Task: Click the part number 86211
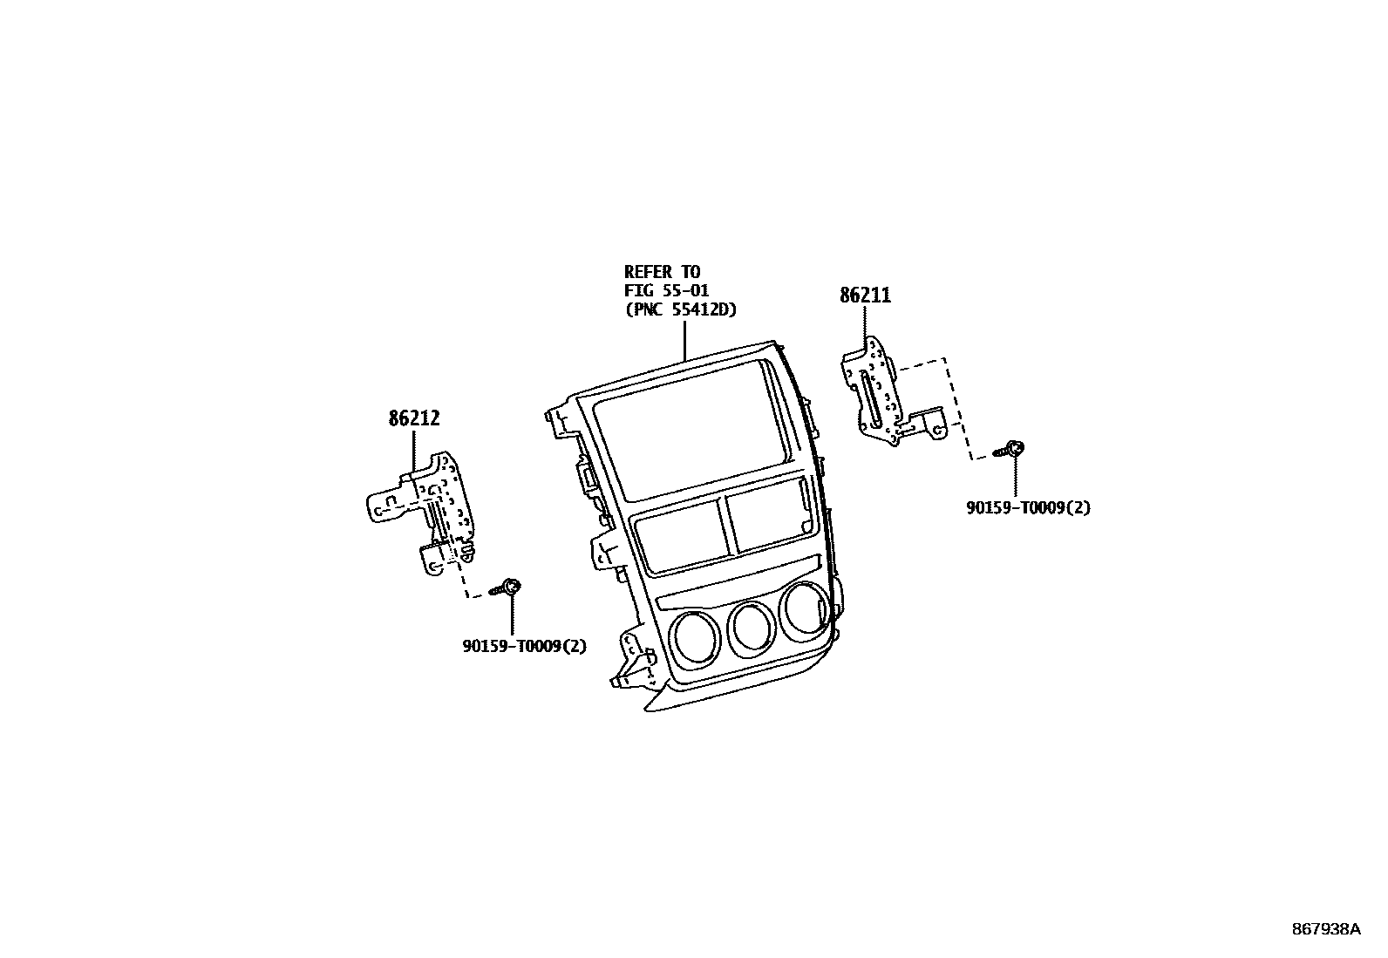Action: tap(865, 296)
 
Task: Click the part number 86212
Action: tap(414, 418)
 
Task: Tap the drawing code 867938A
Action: tap(1325, 929)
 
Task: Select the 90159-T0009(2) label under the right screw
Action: tap(1028, 507)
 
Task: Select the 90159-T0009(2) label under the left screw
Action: tap(524, 646)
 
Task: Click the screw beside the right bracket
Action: tap(1012, 450)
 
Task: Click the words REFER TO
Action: tap(662, 272)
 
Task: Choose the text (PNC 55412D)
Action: tap(685, 309)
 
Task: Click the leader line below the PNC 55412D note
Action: tap(684, 340)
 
